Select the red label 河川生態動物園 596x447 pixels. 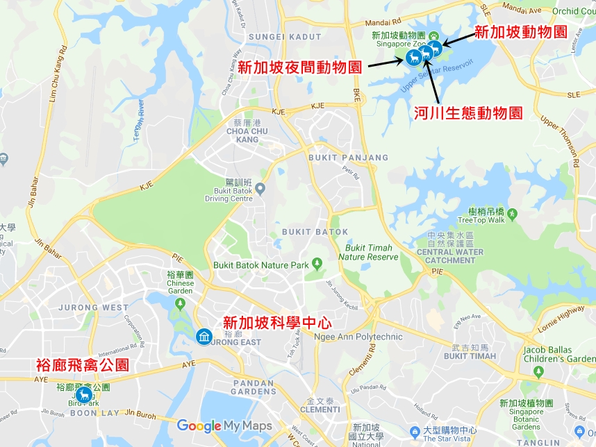[467, 112]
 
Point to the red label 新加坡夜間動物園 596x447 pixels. [299, 67]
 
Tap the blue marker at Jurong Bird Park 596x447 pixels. [84, 395]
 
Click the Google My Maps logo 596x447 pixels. [224, 425]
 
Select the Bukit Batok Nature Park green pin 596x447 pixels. [317, 264]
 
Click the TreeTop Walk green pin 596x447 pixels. [512, 212]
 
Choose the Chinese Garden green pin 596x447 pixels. [181, 303]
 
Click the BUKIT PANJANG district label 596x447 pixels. [348, 158]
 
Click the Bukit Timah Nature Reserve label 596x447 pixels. [368, 253]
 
